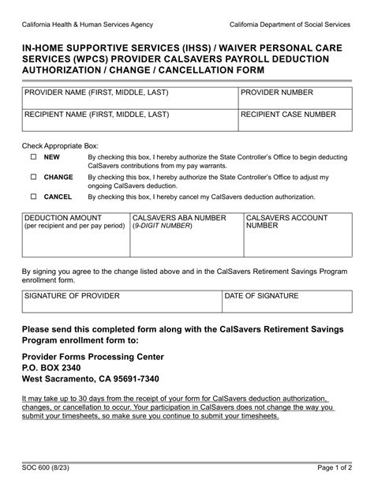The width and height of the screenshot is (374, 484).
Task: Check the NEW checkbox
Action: (33, 157)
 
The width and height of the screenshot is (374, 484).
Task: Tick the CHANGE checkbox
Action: (33, 178)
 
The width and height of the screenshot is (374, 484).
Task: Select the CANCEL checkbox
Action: (33, 197)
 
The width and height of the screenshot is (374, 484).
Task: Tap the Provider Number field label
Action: (278, 93)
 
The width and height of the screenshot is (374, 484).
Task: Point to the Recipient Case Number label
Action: (290, 114)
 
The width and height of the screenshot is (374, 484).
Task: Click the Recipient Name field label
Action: (97, 114)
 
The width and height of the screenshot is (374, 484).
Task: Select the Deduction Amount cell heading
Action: (63, 217)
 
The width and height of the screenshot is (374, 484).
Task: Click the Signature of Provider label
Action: (73, 295)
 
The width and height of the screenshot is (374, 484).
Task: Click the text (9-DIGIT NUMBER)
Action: (163, 226)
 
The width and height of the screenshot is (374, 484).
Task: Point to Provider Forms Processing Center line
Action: (93, 356)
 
